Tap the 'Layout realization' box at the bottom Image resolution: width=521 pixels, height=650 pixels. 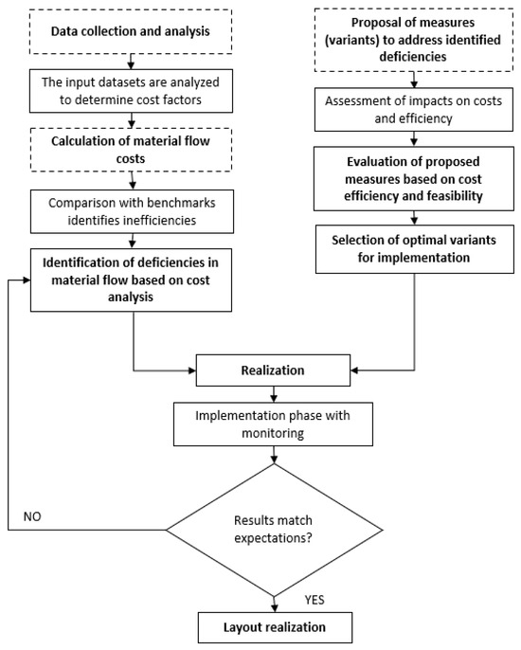[x=274, y=628]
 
